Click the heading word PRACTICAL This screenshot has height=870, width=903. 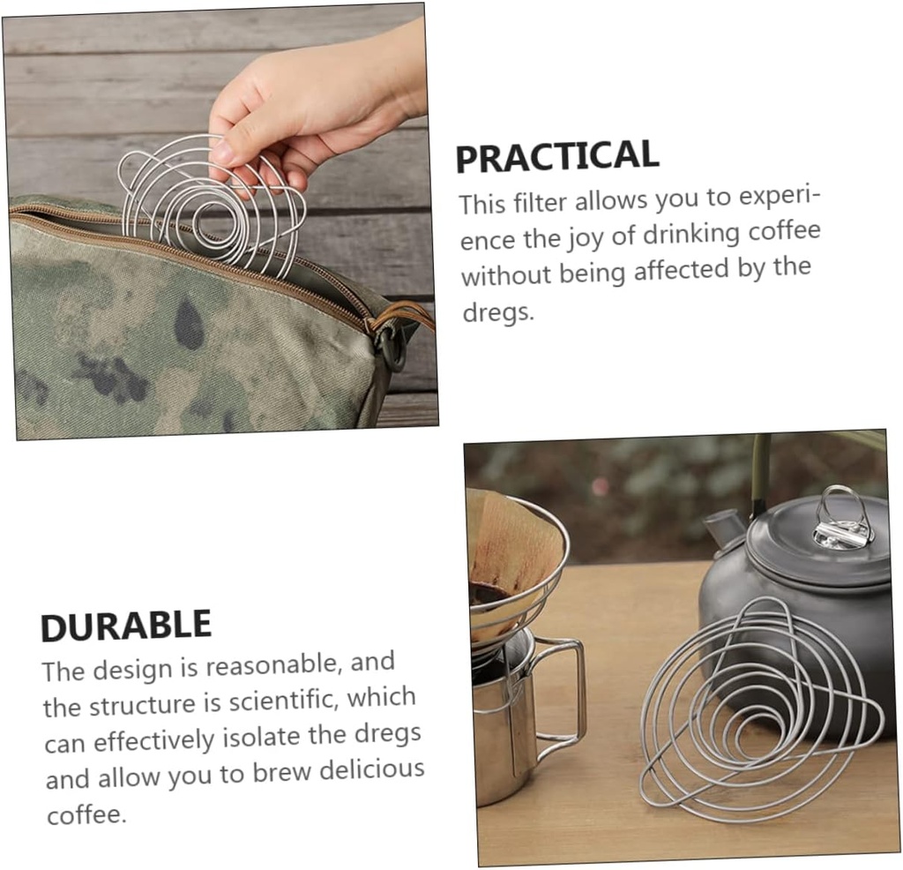click(x=556, y=156)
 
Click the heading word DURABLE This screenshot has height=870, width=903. click(x=126, y=626)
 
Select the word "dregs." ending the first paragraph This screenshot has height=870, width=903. click(x=498, y=311)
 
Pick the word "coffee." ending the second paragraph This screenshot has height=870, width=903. click(x=86, y=814)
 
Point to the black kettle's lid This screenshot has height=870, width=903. click(x=816, y=551)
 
